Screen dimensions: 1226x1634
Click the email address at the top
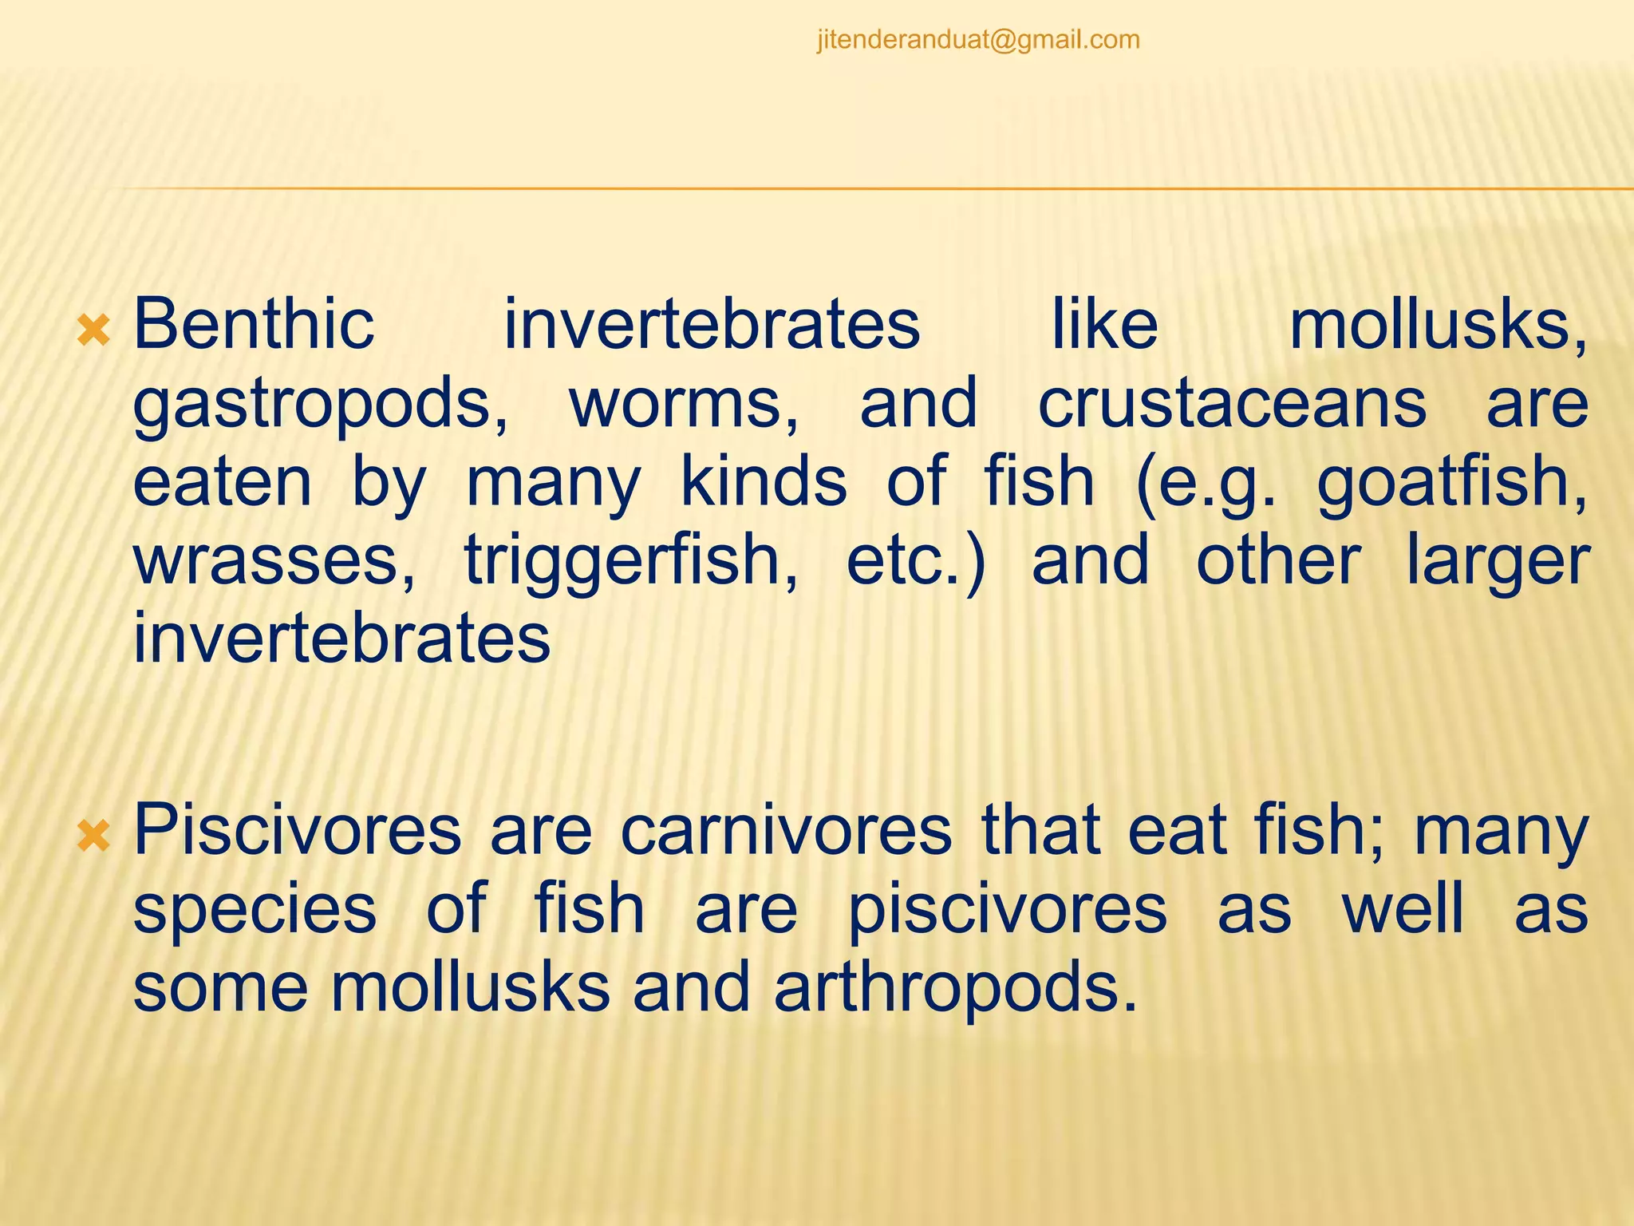click(978, 40)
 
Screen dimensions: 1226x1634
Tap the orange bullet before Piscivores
click(93, 836)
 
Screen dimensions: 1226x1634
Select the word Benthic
click(254, 324)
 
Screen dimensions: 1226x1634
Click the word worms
click(684, 403)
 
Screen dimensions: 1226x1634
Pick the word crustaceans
click(1232, 403)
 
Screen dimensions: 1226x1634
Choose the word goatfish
click(1450, 483)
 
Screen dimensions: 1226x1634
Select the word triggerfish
click(631, 562)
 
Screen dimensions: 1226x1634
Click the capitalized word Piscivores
click(298, 830)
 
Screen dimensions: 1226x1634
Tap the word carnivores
click(786, 830)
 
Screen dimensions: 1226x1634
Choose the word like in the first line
click(1104, 324)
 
